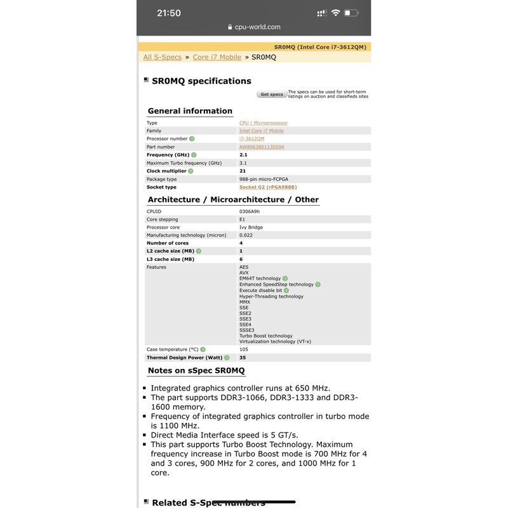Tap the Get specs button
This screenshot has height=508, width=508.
[x=272, y=95]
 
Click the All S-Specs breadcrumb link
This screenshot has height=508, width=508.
[x=162, y=57]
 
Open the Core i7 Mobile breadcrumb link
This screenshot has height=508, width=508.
[x=217, y=57]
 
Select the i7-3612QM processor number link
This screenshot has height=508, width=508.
[x=251, y=138]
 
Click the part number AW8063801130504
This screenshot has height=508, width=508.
[x=262, y=147]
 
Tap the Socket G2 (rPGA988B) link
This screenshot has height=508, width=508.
[x=268, y=187]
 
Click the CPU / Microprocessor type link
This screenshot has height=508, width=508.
[x=263, y=123]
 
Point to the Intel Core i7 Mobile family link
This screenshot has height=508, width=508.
[x=261, y=131]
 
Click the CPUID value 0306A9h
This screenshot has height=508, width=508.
[x=249, y=211]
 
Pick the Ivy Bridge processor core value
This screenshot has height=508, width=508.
[x=251, y=227]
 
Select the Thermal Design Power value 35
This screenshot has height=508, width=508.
[x=243, y=358]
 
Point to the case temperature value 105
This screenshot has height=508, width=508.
[x=244, y=349]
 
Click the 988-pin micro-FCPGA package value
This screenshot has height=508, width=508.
[x=263, y=179]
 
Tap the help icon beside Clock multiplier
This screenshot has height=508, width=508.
[x=190, y=171]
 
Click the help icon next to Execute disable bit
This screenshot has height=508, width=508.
[x=286, y=290]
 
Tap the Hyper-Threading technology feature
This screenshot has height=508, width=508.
[x=271, y=297]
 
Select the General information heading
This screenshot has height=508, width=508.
[x=190, y=111]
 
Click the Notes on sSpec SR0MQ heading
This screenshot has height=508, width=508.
[x=196, y=371]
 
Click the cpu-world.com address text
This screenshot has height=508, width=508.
[x=257, y=27]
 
